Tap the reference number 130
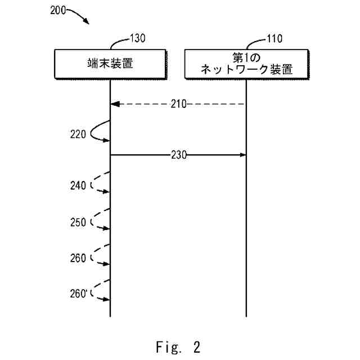pyautogui.click(x=138, y=39)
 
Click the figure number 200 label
pyautogui.click(x=57, y=11)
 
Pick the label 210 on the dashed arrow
pyautogui.click(x=178, y=104)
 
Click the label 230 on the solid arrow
pyautogui.click(x=178, y=155)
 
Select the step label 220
pyautogui.click(x=78, y=134)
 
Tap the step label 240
pyautogui.click(x=78, y=185)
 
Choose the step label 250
pyautogui.click(x=78, y=222)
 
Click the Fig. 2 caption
pyautogui.click(x=177, y=346)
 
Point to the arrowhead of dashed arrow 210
pyautogui.click(x=114, y=104)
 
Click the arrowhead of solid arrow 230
pyautogui.click(x=244, y=155)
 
